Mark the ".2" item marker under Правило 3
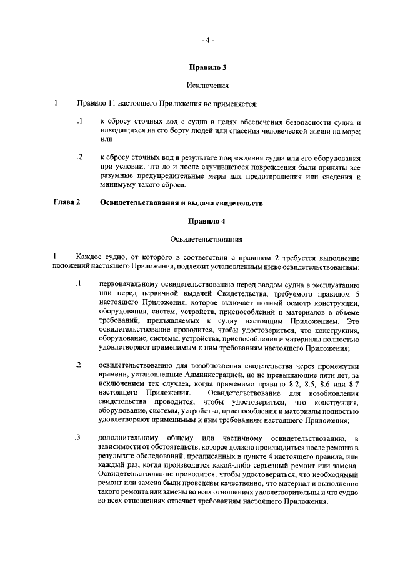click(79, 157)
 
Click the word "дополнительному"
click(129, 438)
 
